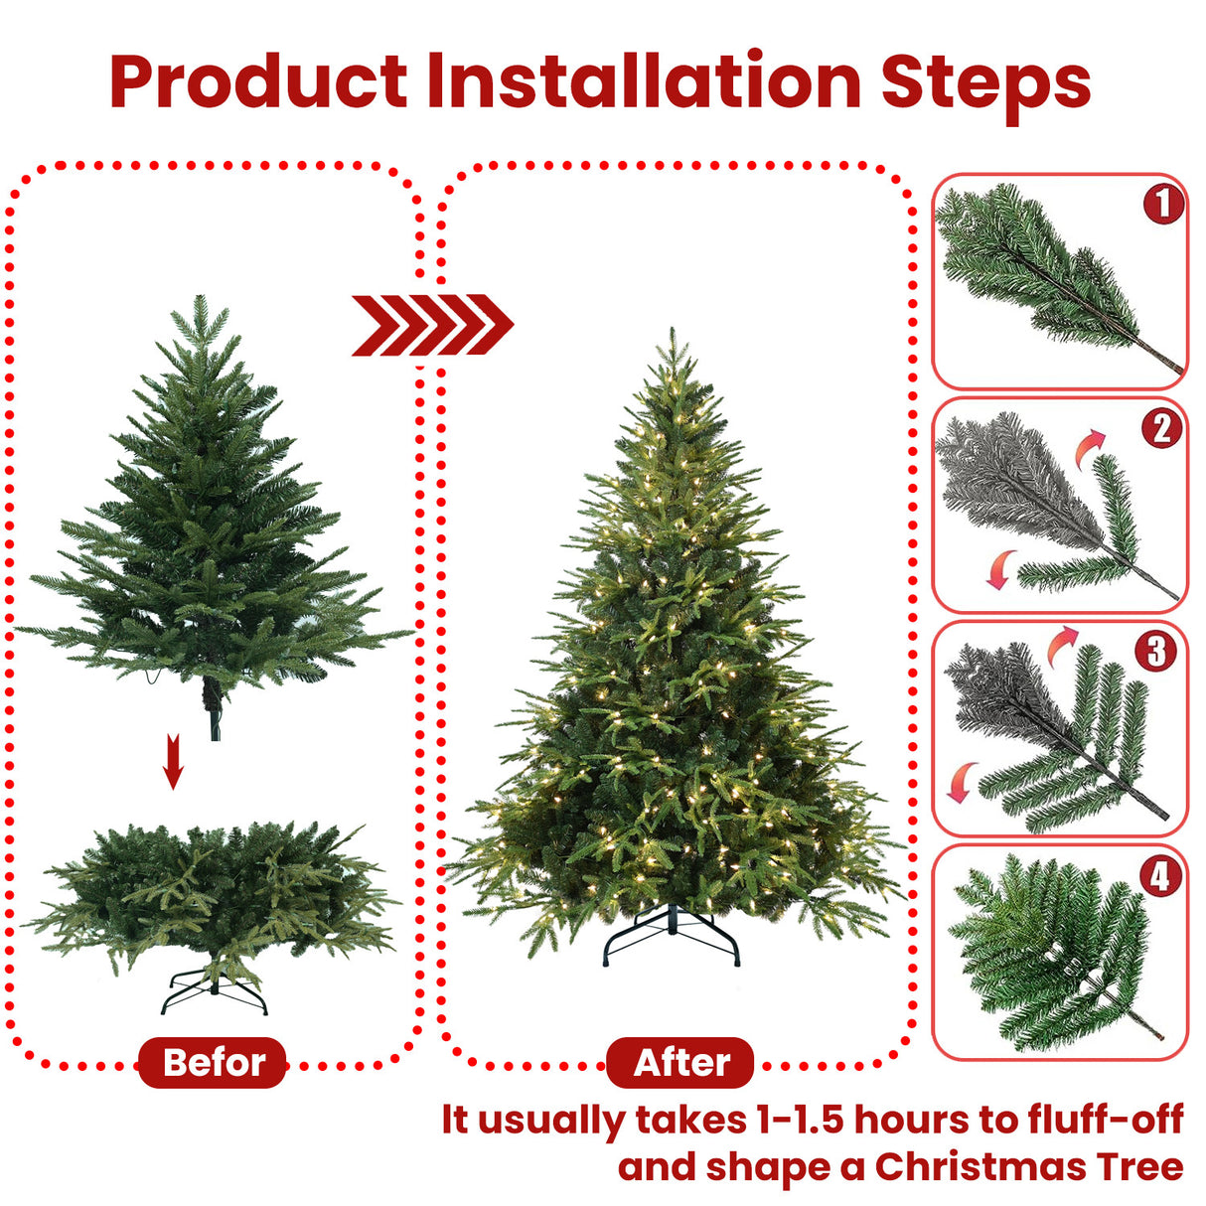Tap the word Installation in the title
pos(644,81)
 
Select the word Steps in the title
pos(985,81)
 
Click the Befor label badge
pos(213,1062)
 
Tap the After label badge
pos(680,1062)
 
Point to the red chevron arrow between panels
pos(432,324)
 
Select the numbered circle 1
pos(1162,205)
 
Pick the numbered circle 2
pos(1161,428)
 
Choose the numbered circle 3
pos(1156,652)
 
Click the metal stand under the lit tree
pos(673,937)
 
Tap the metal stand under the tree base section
pos(215,990)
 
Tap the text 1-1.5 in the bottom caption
pos(800,1120)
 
